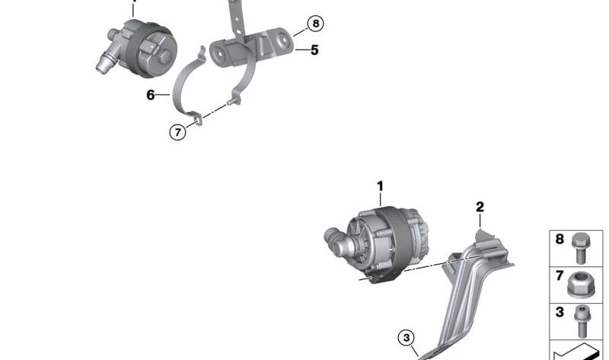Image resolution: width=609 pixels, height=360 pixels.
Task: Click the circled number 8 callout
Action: pos(315,24)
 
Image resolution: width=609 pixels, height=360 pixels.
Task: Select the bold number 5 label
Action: pos(314,50)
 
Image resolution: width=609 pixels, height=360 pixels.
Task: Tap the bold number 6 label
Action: pos(150,95)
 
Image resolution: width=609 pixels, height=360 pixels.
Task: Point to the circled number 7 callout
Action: pos(178,132)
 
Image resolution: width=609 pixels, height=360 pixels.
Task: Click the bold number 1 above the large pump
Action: pos(380,186)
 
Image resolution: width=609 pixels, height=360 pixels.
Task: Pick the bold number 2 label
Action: pos(480,207)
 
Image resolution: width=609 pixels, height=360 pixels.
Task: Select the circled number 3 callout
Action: pos(407,338)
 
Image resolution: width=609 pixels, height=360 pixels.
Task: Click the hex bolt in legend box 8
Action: pos(581,249)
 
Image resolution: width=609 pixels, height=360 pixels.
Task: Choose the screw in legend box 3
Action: pos(582,321)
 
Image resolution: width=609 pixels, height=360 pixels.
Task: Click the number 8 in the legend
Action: pos(560,239)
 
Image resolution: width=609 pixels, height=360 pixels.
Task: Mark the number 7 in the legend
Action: pos(560,276)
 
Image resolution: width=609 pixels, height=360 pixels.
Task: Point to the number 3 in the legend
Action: pos(560,312)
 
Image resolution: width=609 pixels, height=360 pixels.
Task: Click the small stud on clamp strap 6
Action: pos(231,103)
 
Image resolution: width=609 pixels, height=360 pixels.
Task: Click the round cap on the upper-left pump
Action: pos(164,56)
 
